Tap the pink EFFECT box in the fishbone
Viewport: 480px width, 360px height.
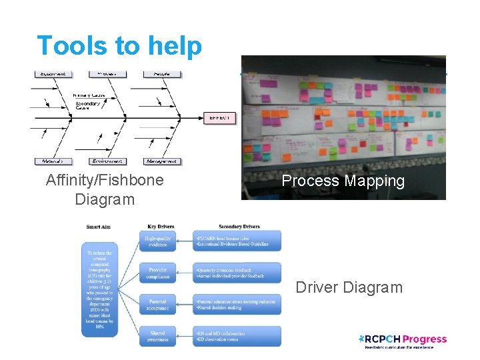tap(220, 117)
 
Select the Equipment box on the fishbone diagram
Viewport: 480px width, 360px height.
tap(53, 73)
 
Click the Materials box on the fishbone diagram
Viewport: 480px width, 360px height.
tap(53, 161)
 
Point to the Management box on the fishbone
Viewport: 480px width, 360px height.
tap(162, 161)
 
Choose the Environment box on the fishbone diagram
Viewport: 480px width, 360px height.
tap(108, 161)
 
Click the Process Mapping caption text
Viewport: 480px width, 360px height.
tap(343, 181)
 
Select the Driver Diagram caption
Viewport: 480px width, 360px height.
tap(349, 287)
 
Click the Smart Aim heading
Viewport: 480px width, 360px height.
tap(99, 227)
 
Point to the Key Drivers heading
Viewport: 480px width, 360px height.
tap(161, 227)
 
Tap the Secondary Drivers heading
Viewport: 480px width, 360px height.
tap(239, 227)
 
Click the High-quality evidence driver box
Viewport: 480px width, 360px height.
tap(158, 241)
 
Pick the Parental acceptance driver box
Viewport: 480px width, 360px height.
tap(158, 304)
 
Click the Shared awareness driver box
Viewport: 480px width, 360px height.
tap(158, 336)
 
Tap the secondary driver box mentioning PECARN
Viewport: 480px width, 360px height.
tap(238, 241)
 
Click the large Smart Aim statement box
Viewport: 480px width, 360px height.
tap(100, 288)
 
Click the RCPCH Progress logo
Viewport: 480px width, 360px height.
tap(402, 341)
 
